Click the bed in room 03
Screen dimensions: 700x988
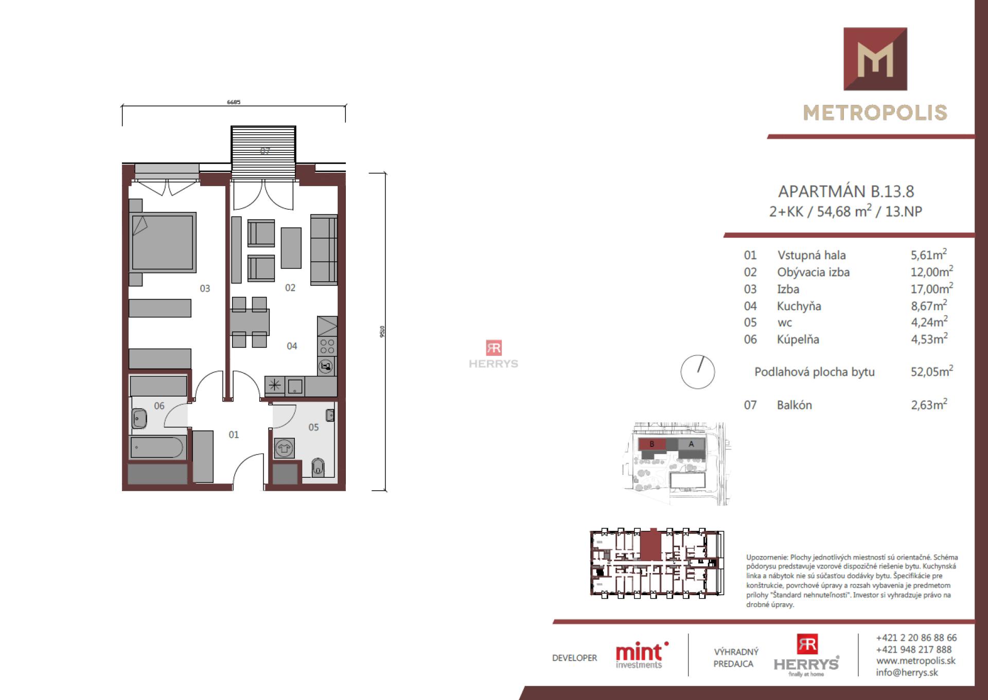[x=163, y=242]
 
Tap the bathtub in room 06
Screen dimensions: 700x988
[x=157, y=447]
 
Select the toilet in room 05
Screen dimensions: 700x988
[x=318, y=467]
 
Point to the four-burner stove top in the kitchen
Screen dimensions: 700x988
[x=327, y=346]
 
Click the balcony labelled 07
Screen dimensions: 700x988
[x=263, y=151]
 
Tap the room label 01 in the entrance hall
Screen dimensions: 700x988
[x=234, y=435]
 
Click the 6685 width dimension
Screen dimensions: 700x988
[x=234, y=102]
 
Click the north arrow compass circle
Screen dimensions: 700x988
[x=697, y=371]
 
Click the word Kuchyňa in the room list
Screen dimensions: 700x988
[x=799, y=306]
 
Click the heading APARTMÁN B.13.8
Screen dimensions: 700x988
[x=845, y=191]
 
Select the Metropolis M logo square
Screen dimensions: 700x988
[x=875, y=59]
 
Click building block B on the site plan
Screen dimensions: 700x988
[x=652, y=444]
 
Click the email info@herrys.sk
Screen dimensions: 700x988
[x=907, y=672]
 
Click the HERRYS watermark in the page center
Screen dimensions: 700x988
[x=493, y=355]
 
